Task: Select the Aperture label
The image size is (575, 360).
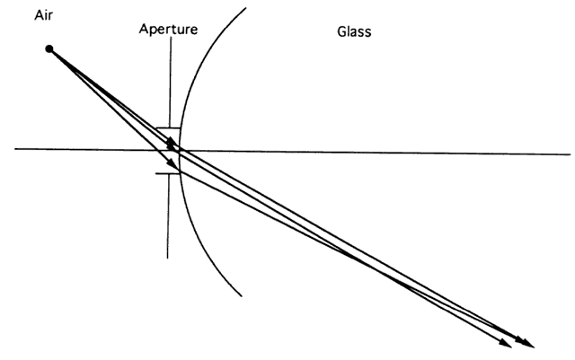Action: [168, 29]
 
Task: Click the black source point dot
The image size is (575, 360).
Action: [49, 48]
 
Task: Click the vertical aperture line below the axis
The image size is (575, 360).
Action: [168, 215]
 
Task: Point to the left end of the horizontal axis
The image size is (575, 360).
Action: [16, 149]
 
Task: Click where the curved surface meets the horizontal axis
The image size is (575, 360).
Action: [179, 150]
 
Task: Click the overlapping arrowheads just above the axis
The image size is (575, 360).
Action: [171, 143]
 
